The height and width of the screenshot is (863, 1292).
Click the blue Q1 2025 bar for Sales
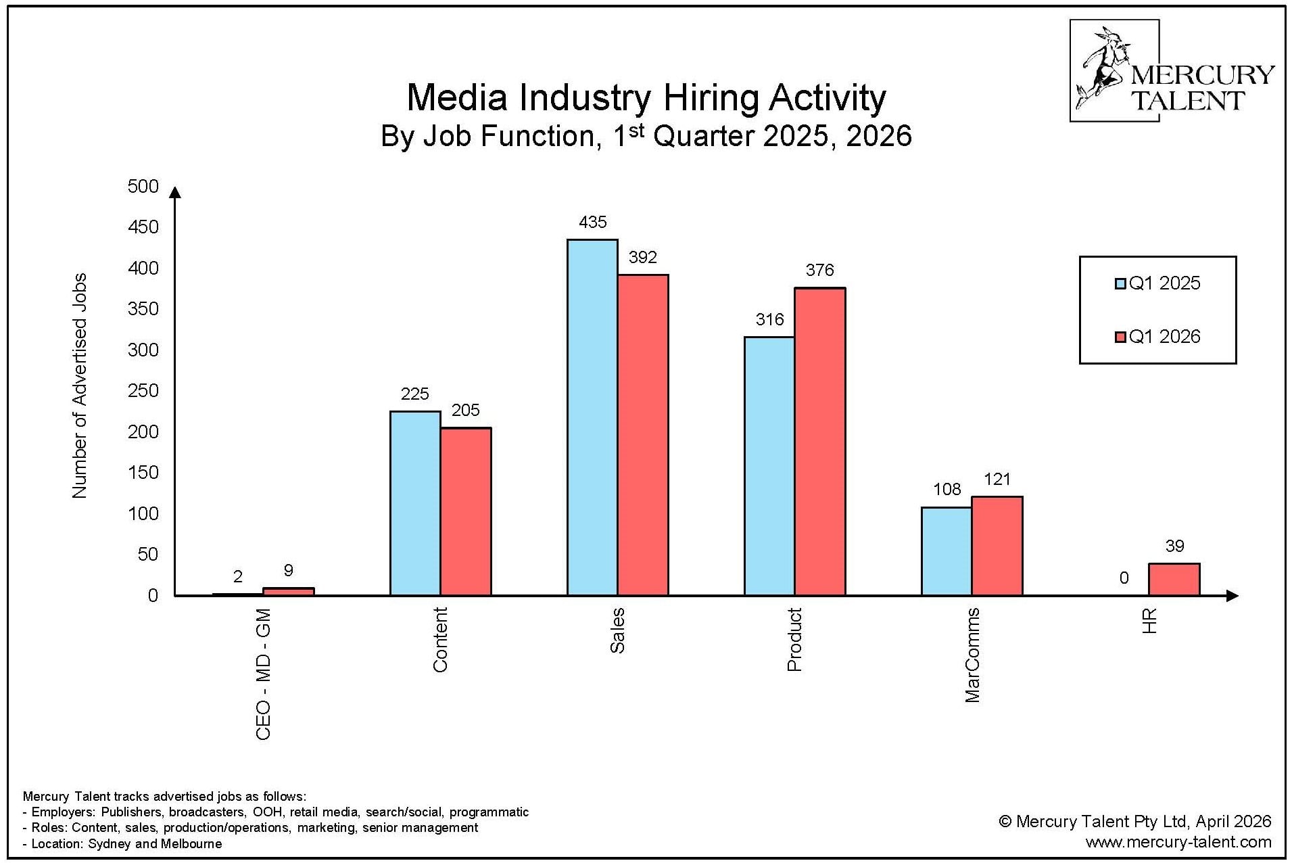pos(592,417)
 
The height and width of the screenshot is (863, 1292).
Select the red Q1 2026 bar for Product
pos(819,442)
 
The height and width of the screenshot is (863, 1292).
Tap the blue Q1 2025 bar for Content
pos(415,503)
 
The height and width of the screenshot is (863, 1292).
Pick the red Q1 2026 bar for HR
pos(1174,580)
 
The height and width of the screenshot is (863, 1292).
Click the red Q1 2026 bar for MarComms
pos(997,546)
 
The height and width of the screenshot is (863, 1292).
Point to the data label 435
pos(593,223)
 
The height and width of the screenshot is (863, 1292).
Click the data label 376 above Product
pos(819,271)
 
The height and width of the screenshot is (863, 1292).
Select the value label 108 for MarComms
pos(947,489)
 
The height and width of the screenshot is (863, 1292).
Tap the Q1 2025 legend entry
pos(1157,283)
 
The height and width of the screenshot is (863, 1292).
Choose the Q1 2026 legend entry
pos(1157,337)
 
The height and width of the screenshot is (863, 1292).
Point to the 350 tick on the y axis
pos(143,309)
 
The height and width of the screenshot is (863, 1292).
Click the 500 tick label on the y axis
pos(143,187)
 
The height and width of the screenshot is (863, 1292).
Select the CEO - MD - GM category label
pos(263,674)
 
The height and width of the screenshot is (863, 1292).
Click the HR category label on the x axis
pos(1149,621)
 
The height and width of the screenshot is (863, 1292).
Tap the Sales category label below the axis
pos(617,630)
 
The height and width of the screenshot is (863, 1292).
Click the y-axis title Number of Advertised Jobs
pos(80,386)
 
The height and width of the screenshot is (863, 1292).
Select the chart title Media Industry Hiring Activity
pos(646,97)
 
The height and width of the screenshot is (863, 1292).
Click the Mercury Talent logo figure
pos(1104,70)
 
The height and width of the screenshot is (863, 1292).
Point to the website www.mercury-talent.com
pos(1178,842)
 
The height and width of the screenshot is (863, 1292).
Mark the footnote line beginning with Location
pos(122,843)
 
